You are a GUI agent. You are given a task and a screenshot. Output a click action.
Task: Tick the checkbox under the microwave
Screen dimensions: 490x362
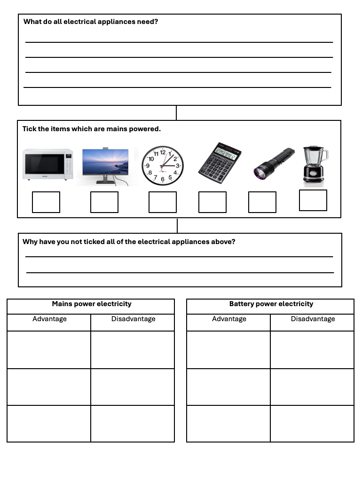[x=46, y=202]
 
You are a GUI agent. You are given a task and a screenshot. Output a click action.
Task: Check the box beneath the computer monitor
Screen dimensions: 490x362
[x=104, y=202]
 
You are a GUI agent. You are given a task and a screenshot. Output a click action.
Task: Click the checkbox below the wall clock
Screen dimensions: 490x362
[x=163, y=202]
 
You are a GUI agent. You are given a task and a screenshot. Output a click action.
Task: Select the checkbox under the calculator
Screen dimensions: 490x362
[x=212, y=202]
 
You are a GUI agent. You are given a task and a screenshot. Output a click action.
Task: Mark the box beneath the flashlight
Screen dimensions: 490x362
[x=262, y=202]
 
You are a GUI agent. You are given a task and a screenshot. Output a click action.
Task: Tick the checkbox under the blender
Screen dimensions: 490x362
[x=313, y=200]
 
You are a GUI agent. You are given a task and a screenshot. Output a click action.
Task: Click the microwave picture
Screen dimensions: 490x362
[x=48, y=165]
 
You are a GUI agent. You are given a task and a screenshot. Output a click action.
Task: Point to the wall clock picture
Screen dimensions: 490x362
[x=163, y=165]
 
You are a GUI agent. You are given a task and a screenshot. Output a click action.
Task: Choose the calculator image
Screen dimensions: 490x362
[x=220, y=163]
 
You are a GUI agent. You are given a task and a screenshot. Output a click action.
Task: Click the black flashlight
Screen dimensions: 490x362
[x=274, y=163]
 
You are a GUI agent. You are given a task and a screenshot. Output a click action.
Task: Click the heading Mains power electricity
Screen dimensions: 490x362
[x=92, y=304]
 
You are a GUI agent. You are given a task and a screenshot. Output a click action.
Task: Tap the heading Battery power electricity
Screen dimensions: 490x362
[x=271, y=304]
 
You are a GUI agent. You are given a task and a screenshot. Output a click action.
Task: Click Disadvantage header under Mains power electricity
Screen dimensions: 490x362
[x=133, y=319]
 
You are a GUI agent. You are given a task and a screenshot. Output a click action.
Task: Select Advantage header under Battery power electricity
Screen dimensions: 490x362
[x=229, y=319]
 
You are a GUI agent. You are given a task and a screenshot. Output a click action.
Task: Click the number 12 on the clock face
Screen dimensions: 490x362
[x=163, y=152]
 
